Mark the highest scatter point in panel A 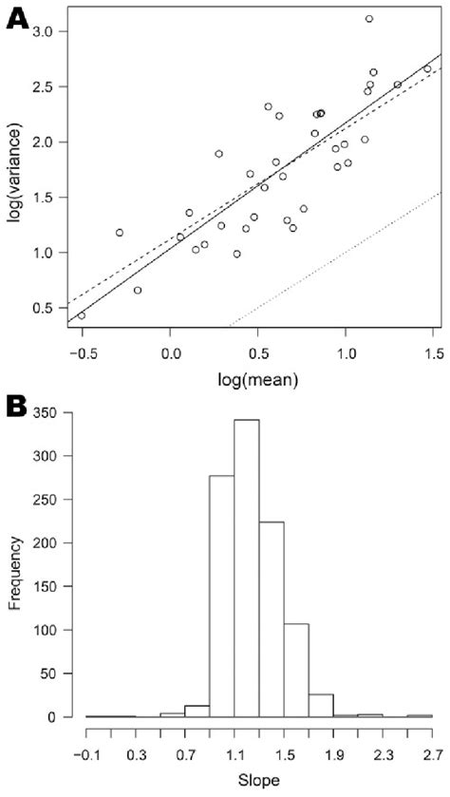click(x=369, y=19)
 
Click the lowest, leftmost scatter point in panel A click(x=82, y=315)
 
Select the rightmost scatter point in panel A click(x=427, y=68)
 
